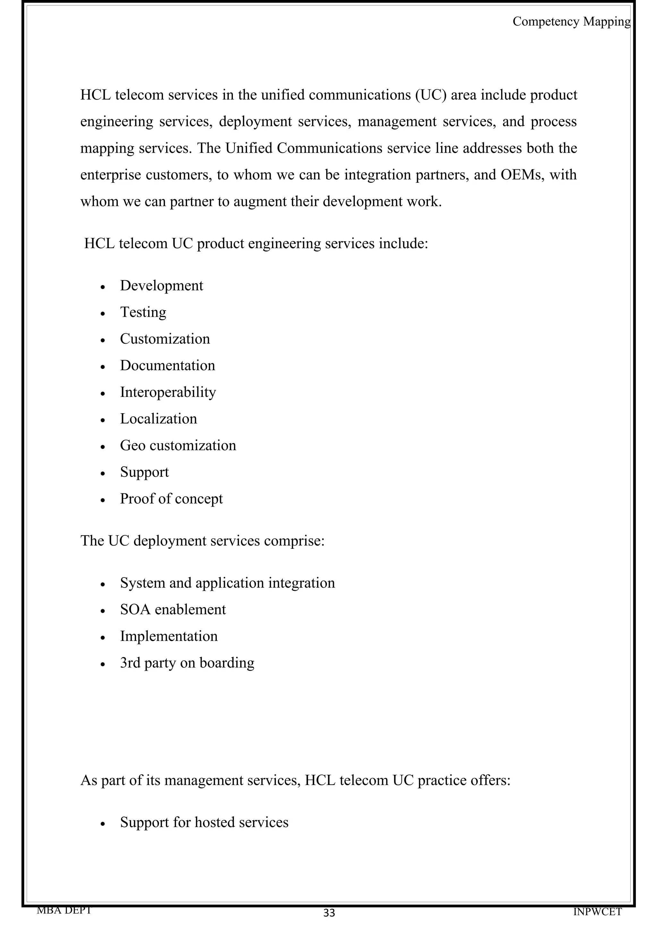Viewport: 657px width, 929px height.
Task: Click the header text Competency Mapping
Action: (x=571, y=21)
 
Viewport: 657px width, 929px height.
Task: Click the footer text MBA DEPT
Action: (x=64, y=910)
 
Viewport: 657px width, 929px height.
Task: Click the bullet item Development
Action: (x=161, y=286)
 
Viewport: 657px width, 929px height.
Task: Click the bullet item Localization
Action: (x=158, y=419)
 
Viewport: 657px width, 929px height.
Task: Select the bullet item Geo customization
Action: (x=178, y=446)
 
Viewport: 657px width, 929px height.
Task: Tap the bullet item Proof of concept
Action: (x=171, y=499)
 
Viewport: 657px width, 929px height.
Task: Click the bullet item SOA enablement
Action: (x=173, y=609)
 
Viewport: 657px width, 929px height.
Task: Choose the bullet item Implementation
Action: (x=169, y=636)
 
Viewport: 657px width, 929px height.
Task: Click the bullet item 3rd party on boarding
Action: (x=187, y=663)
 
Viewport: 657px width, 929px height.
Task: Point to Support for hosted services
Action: (x=204, y=822)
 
